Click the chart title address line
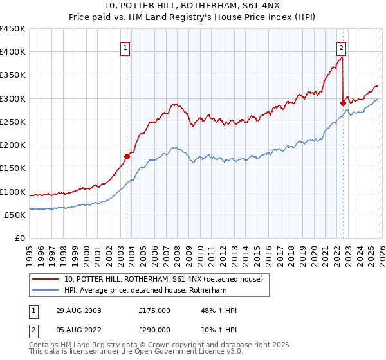point(192,6)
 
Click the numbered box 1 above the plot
point(124,47)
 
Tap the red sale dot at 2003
point(127,156)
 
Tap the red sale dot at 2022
point(343,102)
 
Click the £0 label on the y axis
point(21,238)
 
